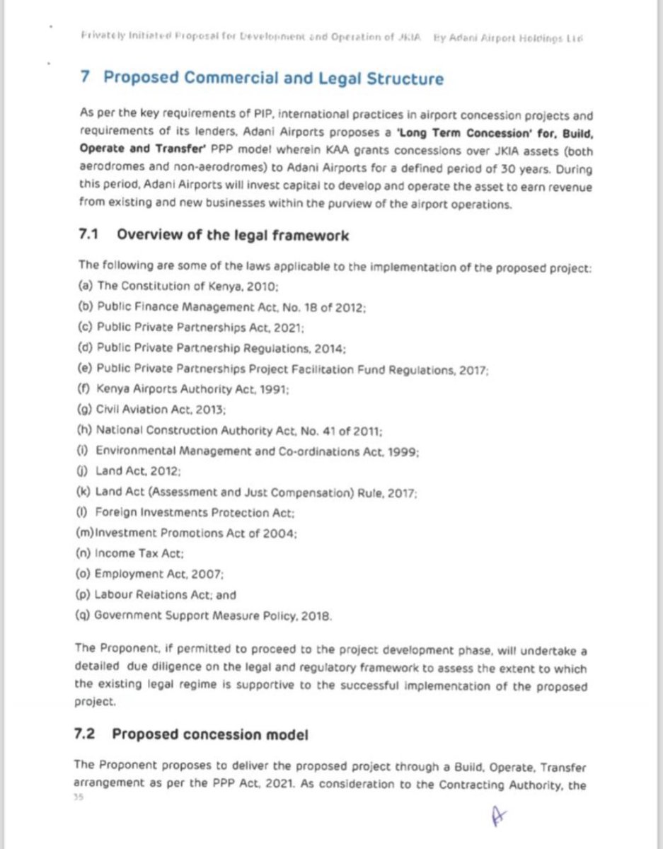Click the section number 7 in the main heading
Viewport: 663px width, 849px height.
click(x=84, y=78)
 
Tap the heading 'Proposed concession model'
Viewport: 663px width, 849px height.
click(x=209, y=734)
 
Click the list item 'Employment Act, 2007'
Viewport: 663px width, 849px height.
click(x=160, y=574)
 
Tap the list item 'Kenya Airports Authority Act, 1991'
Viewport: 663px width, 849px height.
click(x=192, y=388)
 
